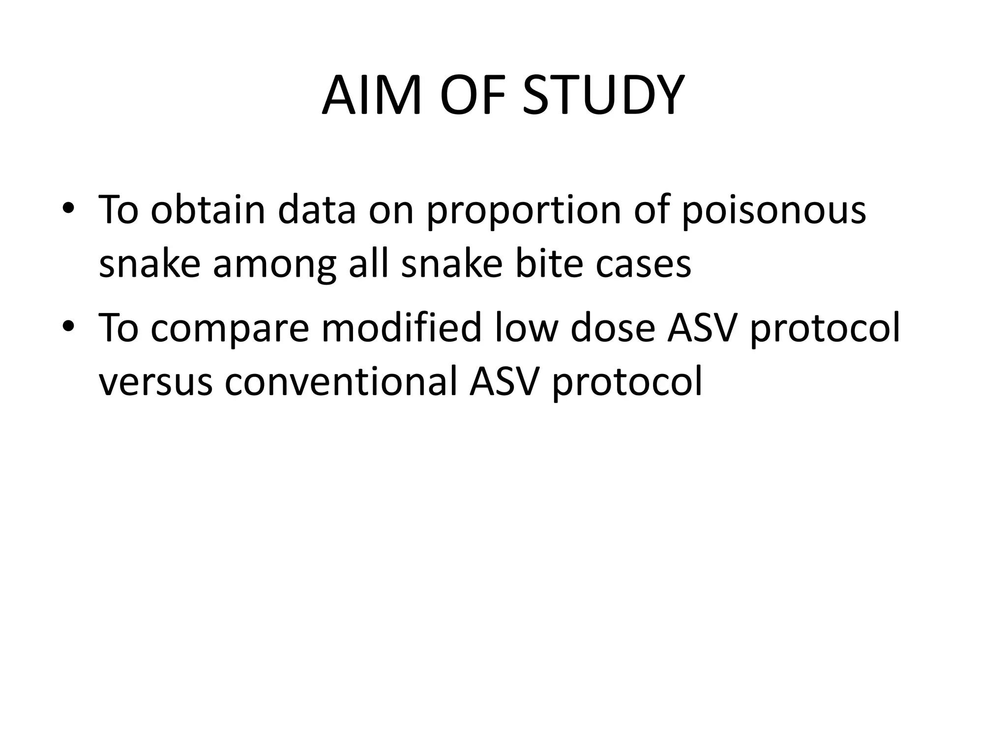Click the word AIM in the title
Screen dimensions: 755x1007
pyautogui.click(x=372, y=96)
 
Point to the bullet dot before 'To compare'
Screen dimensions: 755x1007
pyautogui.click(x=68, y=326)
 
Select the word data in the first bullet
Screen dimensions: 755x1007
pyautogui.click(x=317, y=210)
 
